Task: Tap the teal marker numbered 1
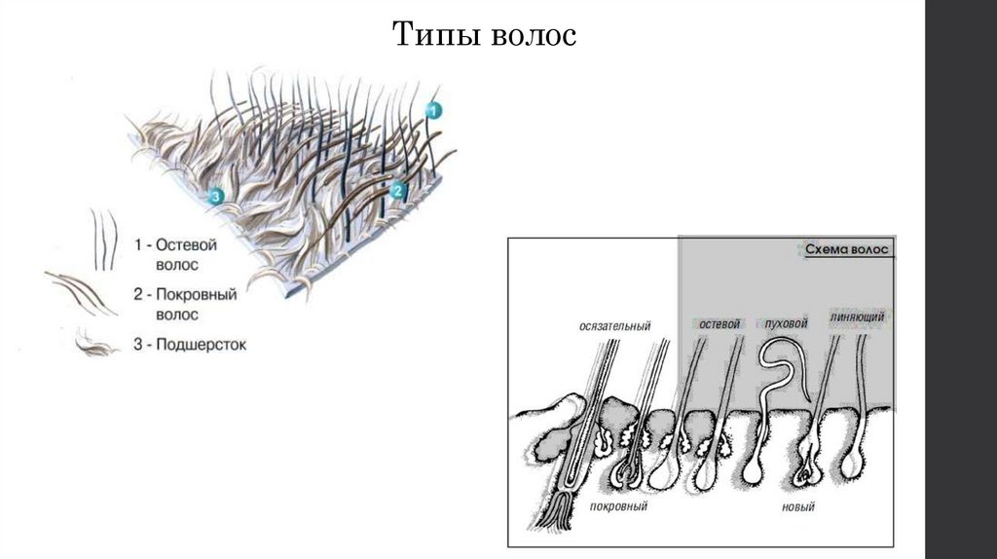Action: click(434, 109)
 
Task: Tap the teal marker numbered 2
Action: click(396, 192)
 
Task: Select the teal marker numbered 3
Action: click(216, 196)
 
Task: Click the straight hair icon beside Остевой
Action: click(103, 239)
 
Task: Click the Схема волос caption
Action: click(847, 250)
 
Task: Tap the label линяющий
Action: click(858, 317)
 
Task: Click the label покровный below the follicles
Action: click(618, 507)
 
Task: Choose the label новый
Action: click(797, 507)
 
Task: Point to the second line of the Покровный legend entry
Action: click(176, 315)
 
